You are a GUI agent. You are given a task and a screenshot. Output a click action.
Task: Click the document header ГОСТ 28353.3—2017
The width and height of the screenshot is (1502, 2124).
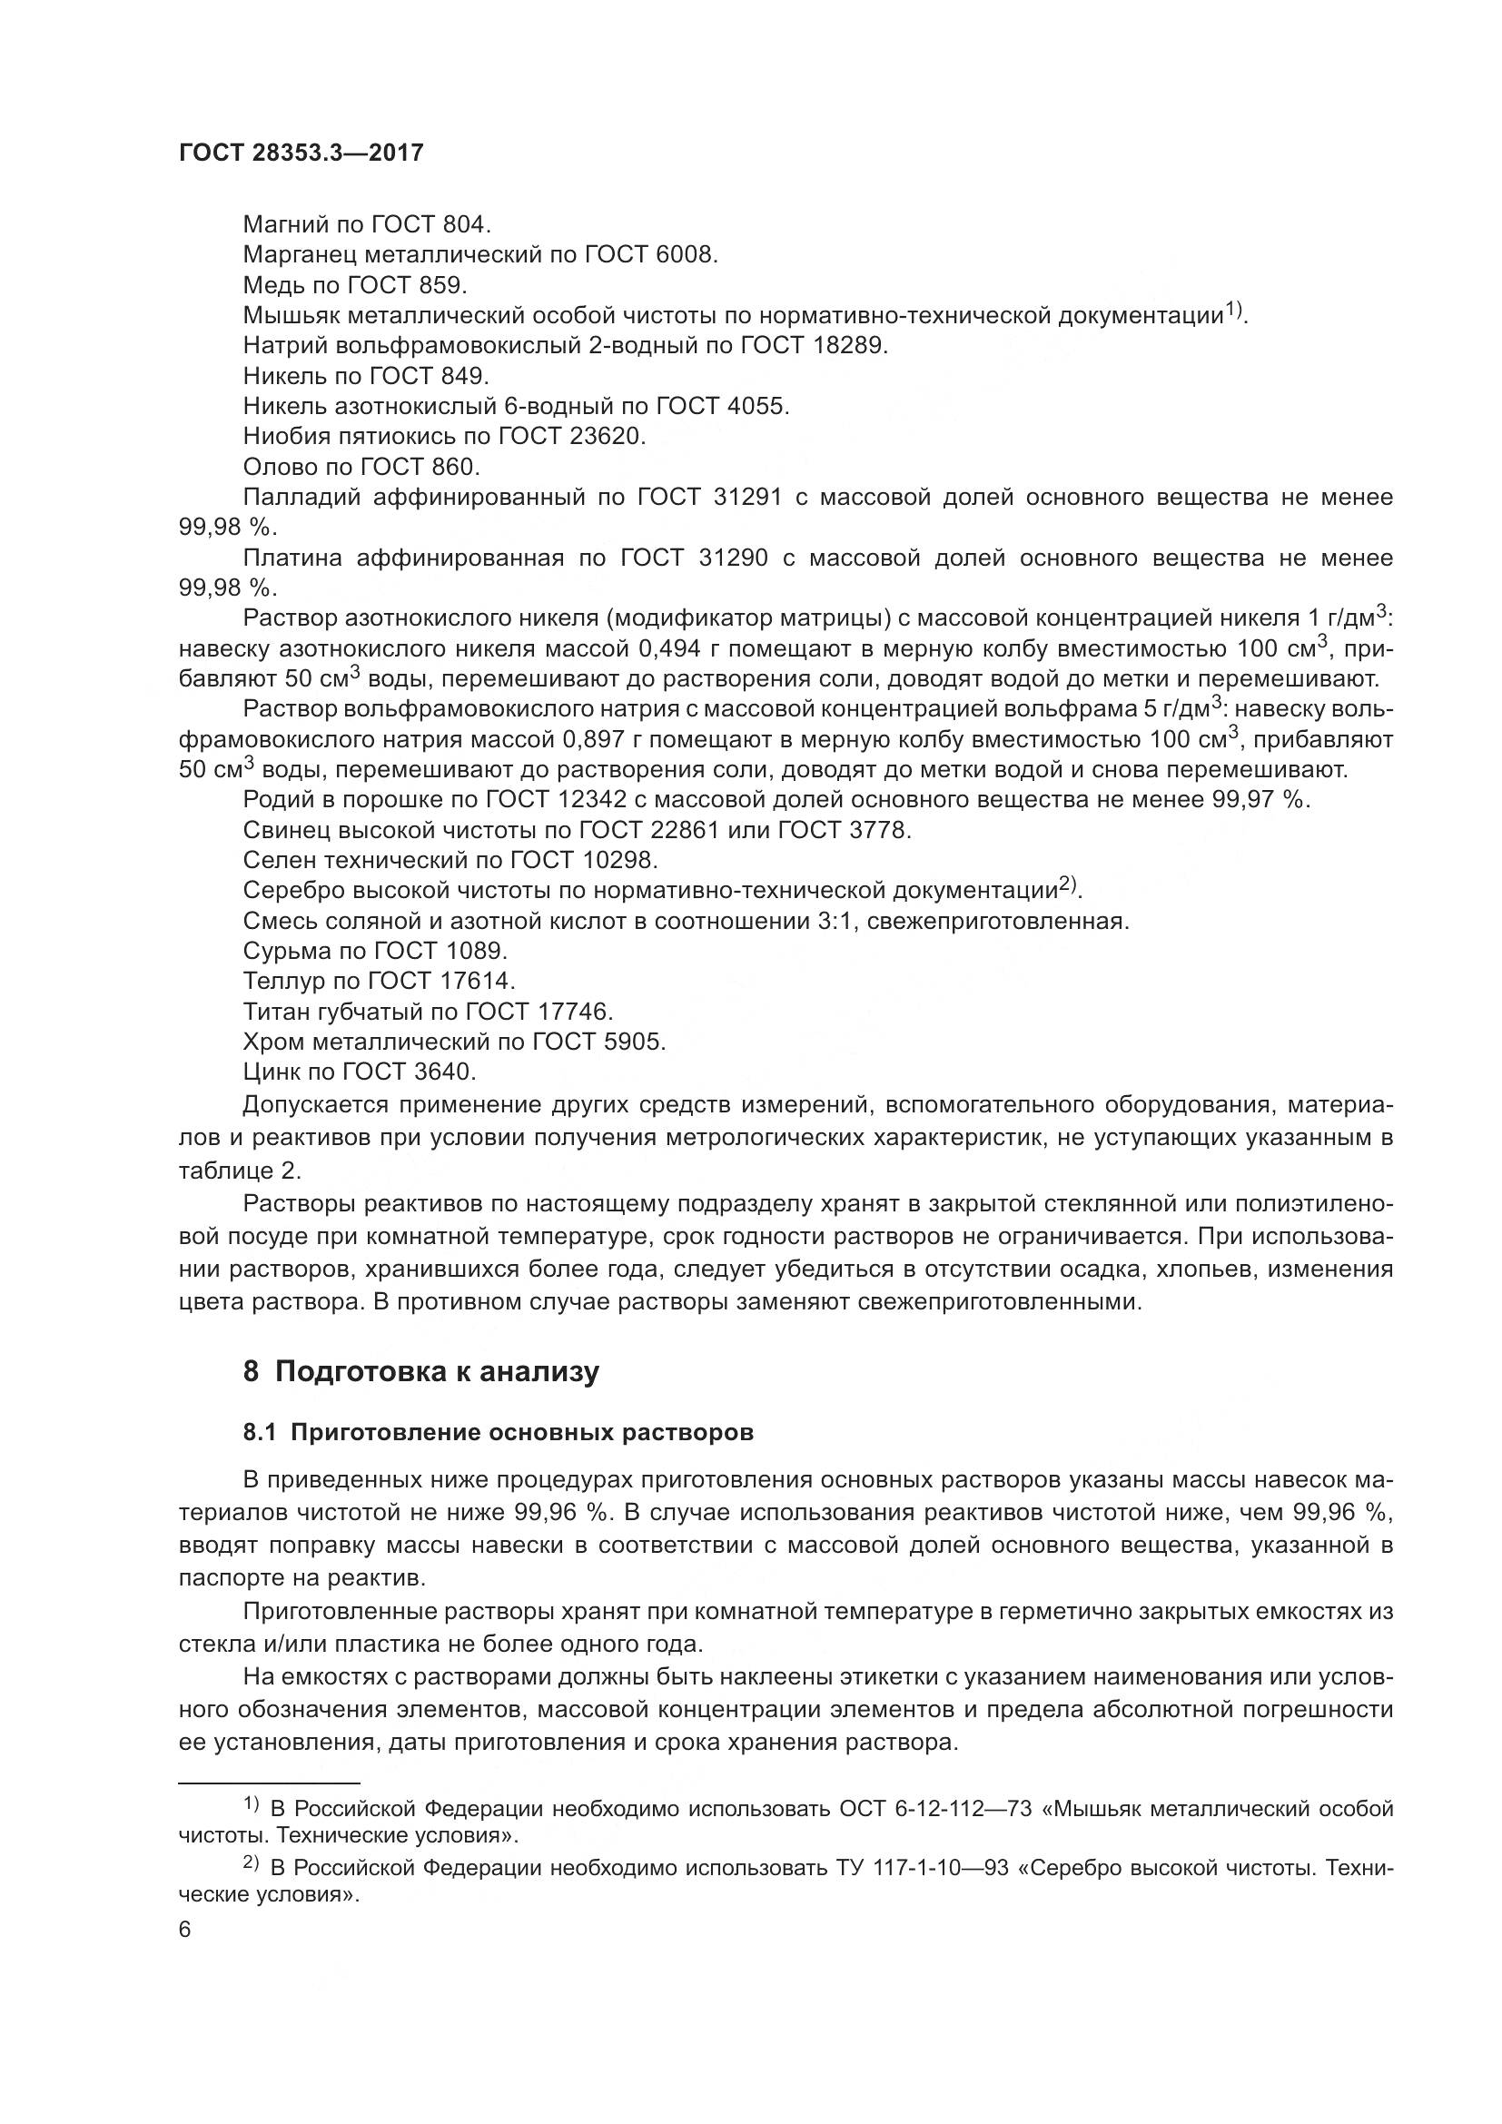pos(301,153)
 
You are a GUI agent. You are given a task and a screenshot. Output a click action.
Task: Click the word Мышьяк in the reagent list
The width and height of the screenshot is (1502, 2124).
pos(291,315)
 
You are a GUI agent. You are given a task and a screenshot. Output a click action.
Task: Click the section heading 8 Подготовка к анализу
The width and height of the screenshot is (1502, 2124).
pos(420,1372)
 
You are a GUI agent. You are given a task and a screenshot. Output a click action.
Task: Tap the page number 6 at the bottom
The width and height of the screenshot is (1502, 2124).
pos(185,1930)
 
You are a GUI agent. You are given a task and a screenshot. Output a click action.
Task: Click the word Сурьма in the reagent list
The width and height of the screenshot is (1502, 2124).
pos(283,951)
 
